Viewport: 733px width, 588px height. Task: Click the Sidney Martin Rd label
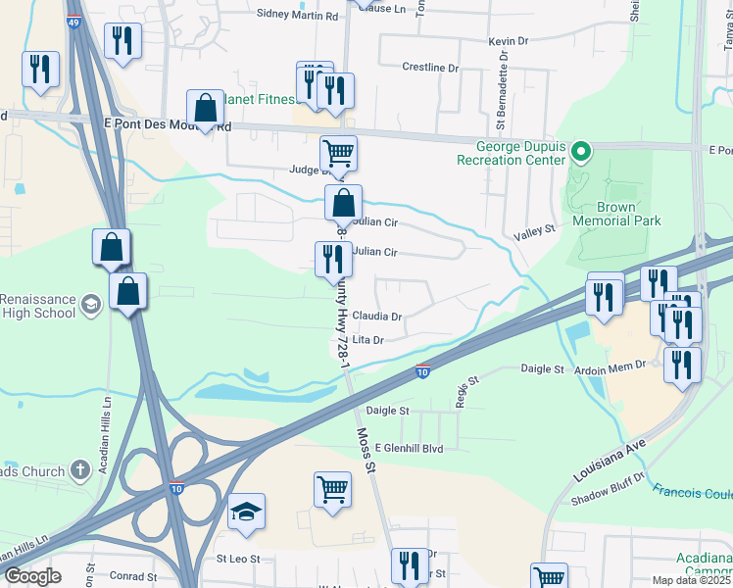297,15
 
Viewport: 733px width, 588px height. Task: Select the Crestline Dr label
430,68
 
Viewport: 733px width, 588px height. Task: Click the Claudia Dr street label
377,317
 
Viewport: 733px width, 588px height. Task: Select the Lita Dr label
366,340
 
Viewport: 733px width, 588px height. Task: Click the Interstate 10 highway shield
421,371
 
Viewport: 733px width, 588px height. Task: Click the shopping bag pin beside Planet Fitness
206,109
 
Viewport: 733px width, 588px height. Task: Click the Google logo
33,576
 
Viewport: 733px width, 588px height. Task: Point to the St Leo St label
237,559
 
